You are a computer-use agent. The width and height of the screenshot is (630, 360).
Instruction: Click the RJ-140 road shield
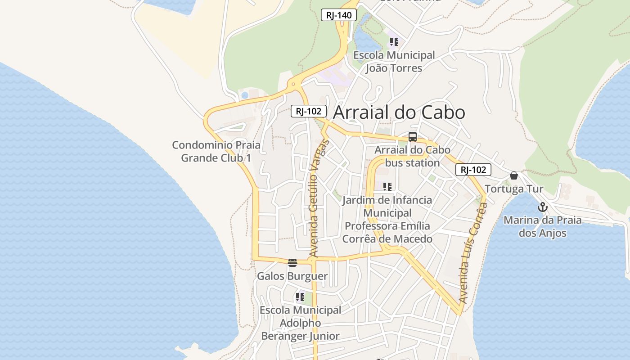(x=339, y=15)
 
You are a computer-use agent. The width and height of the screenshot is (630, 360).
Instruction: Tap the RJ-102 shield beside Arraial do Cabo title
(x=308, y=111)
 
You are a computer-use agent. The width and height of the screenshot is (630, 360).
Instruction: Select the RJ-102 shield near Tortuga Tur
(x=473, y=170)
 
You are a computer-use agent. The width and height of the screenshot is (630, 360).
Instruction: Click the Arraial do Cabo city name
(x=399, y=112)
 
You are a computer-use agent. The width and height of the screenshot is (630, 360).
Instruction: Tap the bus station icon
(x=412, y=137)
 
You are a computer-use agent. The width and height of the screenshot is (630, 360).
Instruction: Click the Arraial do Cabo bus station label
(x=412, y=156)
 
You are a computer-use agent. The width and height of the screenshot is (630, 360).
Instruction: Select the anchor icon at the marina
(x=543, y=207)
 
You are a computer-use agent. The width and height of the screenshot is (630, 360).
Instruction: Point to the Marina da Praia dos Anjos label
(x=542, y=226)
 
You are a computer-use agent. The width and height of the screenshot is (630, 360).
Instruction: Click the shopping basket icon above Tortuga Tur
(x=514, y=175)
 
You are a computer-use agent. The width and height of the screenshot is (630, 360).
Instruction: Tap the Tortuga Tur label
(x=514, y=189)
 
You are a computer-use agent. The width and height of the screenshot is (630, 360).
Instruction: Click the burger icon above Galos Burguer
(x=292, y=263)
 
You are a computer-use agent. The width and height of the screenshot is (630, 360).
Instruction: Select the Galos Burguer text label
(x=292, y=276)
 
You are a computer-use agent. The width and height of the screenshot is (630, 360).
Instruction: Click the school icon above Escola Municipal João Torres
(x=394, y=42)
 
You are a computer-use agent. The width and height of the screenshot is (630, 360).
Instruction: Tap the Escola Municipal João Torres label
(x=394, y=62)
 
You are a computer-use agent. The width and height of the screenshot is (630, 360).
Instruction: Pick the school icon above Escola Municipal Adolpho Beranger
(x=300, y=297)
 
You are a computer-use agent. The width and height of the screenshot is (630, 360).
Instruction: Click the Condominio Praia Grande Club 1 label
(x=216, y=152)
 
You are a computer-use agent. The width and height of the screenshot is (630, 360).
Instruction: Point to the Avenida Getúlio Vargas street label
(x=320, y=198)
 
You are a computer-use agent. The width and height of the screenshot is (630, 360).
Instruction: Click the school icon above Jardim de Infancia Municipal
(x=387, y=186)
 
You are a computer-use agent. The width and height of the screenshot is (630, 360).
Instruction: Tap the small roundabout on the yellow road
(x=293, y=84)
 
